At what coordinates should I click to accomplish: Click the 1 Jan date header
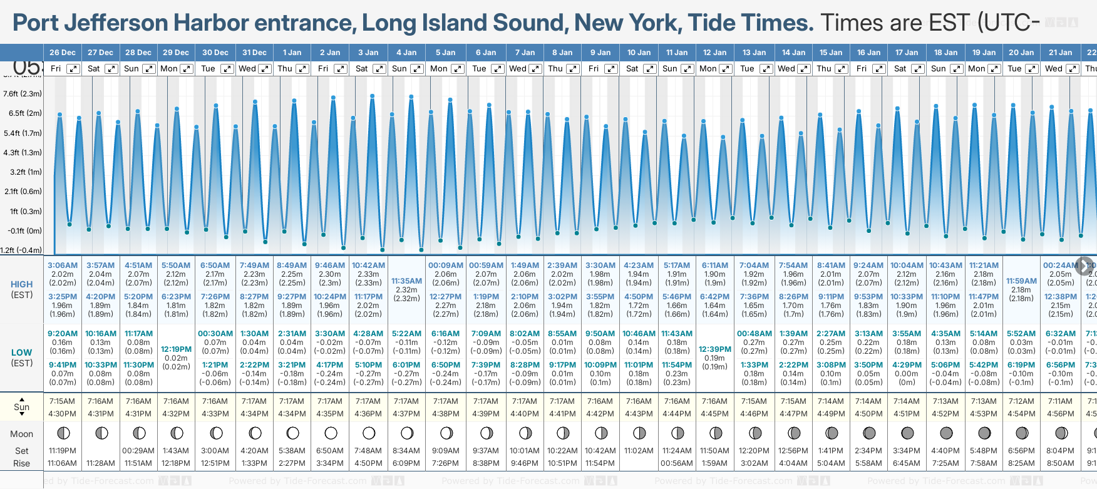pos(292,53)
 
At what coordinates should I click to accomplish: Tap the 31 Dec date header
pos(254,53)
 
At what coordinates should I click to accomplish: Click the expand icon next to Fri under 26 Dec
pos(73,69)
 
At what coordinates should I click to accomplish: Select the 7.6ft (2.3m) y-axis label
pos(23,94)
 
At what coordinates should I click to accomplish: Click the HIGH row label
pos(21,284)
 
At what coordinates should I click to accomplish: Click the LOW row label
pos(21,353)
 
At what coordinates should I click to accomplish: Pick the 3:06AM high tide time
pos(63,265)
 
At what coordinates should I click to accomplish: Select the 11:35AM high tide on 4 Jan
pos(406,281)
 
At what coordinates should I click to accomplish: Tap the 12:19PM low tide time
pos(176,349)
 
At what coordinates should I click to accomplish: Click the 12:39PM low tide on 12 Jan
pos(714,349)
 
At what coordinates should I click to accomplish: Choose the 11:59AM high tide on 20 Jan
pos(1021,281)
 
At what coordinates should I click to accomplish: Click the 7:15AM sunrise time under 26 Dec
pos(62,401)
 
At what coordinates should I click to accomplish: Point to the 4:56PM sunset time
pos(1060,414)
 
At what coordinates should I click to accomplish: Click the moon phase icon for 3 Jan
pos(369,433)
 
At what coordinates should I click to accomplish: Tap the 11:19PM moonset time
pos(62,451)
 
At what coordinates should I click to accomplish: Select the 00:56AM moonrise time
pos(677,463)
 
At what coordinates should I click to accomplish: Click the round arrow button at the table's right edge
pos(1084,265)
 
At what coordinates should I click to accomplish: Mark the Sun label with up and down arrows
pos(21,407)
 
